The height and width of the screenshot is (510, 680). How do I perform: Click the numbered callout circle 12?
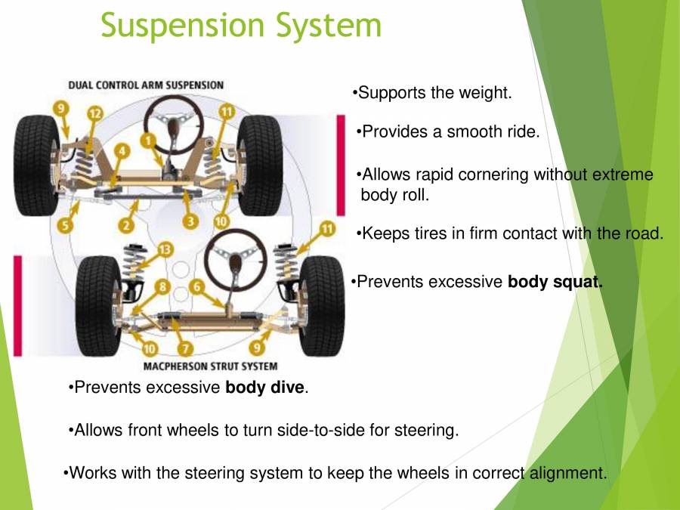tap(94, 113)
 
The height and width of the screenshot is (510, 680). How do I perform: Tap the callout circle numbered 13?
tap(165, 248)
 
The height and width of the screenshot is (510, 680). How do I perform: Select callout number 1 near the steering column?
tap(149, 140)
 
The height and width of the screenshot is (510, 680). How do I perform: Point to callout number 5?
tap(66, 225)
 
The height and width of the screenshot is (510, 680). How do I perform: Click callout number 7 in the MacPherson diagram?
tap(187, 348)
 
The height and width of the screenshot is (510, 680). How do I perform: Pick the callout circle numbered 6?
tap(196, 287)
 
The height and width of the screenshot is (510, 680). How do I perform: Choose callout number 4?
tap(121, 152)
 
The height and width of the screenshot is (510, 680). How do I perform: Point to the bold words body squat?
tap(555, 283)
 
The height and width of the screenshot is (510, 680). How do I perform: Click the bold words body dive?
tap(264, 388)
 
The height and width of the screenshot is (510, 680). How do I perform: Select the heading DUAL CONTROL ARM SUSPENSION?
tap(146, 85)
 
